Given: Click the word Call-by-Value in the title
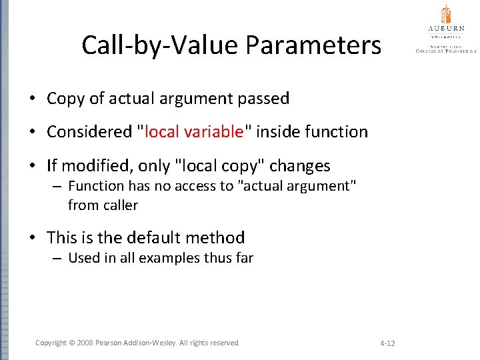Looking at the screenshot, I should (161, 46).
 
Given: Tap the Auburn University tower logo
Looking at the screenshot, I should (446, 15).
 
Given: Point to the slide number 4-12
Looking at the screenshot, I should (387, 343).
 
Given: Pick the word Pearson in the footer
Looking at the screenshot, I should (109, 343).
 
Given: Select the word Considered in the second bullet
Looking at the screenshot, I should (89, 132).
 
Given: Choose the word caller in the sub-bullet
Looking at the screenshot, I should (120, 205).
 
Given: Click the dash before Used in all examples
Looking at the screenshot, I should (58, 258).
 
